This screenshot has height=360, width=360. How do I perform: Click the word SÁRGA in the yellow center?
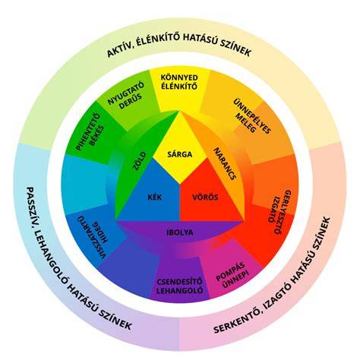(x=180, y=154)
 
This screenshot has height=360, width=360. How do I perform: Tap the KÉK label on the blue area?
(x=155, y=197)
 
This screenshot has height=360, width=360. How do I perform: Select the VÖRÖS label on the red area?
(x=205, y=197)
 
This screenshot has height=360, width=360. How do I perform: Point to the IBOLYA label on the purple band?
(x=180, y=232)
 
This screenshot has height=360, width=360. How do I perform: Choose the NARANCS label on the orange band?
(x=225, y=164)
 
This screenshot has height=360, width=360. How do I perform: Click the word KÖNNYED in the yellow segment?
(x=179, y=77)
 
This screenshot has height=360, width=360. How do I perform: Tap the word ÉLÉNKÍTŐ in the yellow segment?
(x=179, y=87)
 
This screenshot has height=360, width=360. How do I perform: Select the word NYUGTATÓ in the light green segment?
(x=126, y=93)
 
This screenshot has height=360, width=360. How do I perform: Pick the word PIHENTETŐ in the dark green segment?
(x=88, y=132)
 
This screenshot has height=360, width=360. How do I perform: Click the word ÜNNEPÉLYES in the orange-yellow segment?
(x=252, y=116)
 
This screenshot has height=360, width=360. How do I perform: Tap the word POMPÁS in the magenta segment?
(x=230, y=272)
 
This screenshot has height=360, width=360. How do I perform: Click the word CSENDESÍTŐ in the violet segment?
(x=179, y=282)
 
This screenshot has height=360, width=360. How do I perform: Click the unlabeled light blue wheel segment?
(x=84, y=184)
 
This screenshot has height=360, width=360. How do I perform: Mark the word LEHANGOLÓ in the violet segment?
(x=179, y=290)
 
